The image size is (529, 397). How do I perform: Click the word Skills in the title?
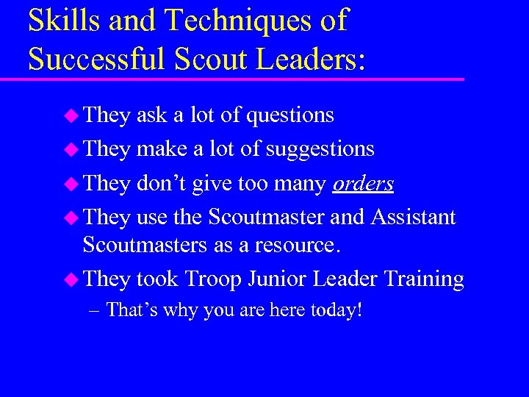64,21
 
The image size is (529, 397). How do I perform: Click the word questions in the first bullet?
290,115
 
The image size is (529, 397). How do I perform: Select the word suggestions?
320,149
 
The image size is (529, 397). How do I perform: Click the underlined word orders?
363,183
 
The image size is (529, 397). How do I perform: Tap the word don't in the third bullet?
162,183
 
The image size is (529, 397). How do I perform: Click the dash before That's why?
93,310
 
